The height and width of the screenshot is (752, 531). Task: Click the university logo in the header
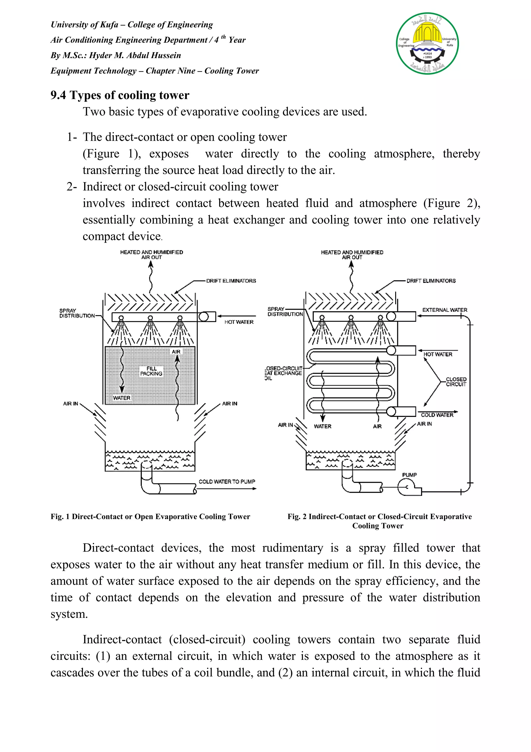coord(427,44)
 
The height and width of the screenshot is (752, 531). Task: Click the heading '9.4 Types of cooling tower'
coord(120,95)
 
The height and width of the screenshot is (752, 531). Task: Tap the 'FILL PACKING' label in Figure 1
coord(151,371)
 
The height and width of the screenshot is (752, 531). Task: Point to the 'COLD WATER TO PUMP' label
coord(227,482)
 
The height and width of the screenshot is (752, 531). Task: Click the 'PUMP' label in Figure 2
coord(409,475)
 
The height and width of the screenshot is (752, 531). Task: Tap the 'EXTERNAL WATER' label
coord(445,310)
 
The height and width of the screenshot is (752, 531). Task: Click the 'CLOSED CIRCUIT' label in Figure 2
coord(456,382)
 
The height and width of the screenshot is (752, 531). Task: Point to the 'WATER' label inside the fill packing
coord(122,398)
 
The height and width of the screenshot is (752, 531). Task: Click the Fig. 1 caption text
coord(150,517)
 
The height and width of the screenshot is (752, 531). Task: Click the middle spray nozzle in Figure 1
coord(150,318)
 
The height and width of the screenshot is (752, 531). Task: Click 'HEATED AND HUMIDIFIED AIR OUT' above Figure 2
coord(352,255)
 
